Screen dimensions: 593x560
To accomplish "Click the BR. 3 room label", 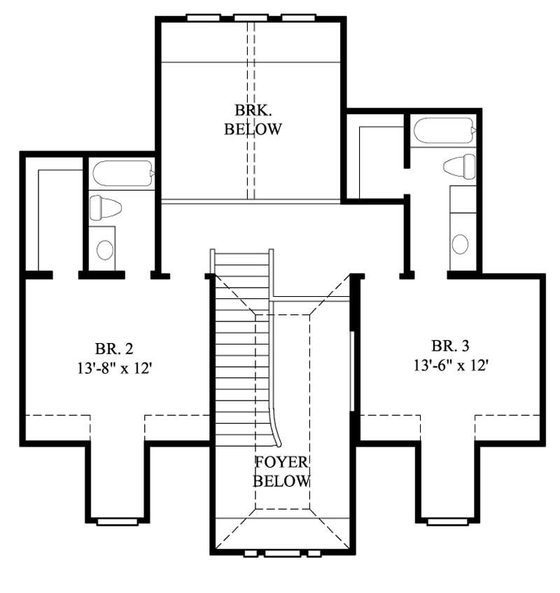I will (450, 345).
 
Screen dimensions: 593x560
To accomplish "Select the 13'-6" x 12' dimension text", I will (450, 364).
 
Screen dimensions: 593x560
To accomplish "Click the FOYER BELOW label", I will (281, 472).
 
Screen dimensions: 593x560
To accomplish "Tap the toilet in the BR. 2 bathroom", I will (106, 207).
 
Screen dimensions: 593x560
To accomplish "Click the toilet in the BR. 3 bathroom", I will (459, 166).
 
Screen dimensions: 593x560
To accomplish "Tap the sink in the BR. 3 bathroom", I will (460, 244).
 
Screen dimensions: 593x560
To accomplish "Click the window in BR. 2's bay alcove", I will (117, 522).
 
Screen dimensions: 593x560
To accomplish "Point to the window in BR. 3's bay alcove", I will (448, 522).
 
